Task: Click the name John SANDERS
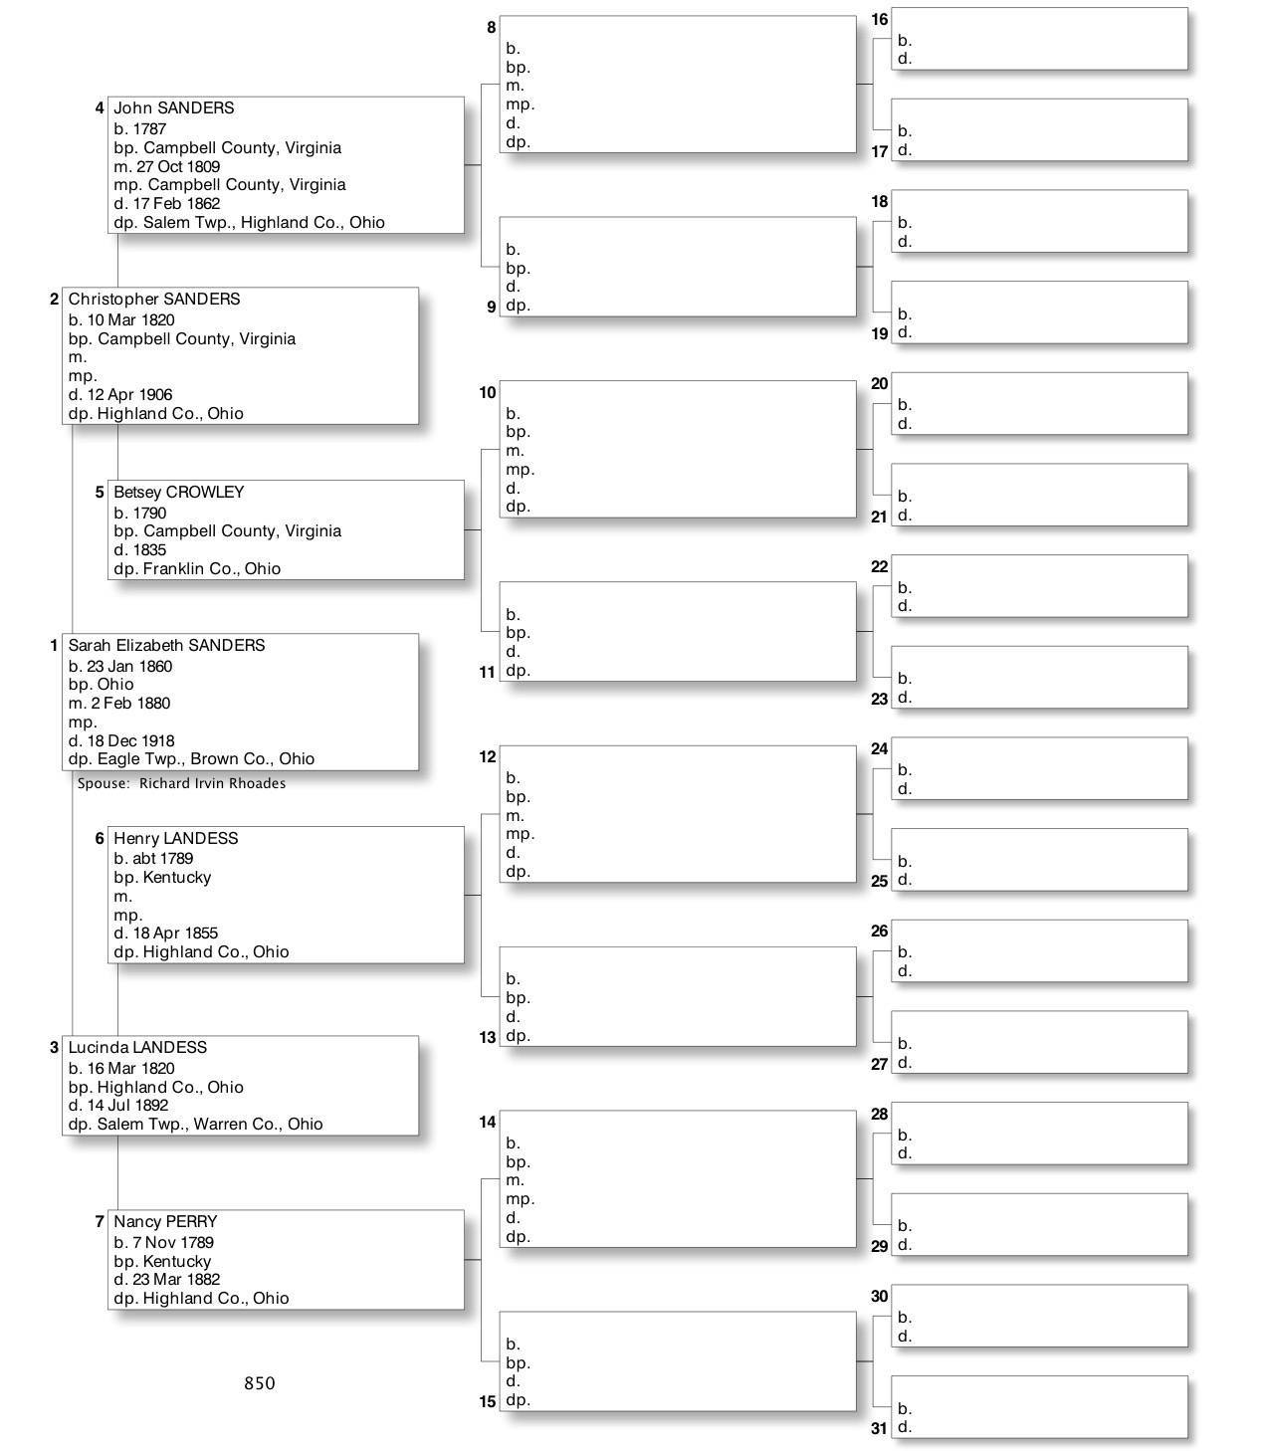[173, 108]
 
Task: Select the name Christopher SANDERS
[153, 300]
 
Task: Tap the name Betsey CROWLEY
[178, 493]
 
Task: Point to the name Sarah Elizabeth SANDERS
[166, 646]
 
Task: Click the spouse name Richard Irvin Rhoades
[212, 784]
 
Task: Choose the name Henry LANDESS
[175, 839]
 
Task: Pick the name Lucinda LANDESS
[137, 1048]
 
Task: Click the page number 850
[260, 1383]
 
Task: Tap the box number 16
[879, 20]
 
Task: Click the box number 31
[879, 1429]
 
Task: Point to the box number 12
[487, 757]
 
